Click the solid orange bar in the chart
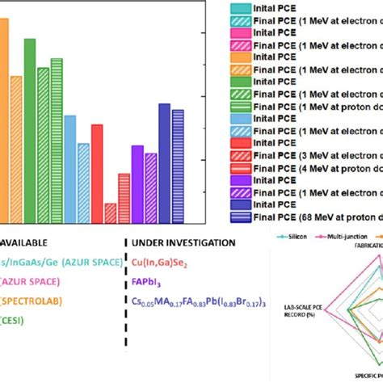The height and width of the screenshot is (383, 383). [2, 121]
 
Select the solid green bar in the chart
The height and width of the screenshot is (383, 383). [30, 129]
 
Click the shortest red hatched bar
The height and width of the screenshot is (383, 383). [110, 213]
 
